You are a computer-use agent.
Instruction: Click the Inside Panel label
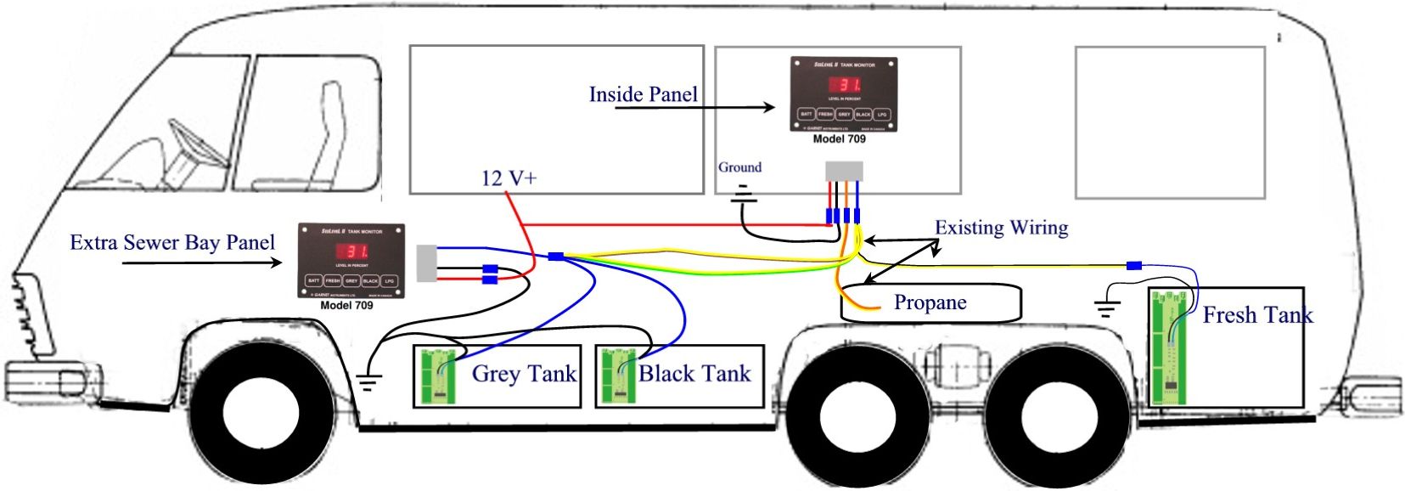643,94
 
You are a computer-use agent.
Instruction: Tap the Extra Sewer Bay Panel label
171,243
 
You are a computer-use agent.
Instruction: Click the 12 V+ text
509,178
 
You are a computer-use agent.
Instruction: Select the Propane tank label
930,303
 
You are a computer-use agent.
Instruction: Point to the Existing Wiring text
1001,228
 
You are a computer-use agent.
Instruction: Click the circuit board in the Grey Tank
440,376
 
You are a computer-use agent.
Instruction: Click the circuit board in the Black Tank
618,376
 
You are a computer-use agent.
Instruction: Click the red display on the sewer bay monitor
351,251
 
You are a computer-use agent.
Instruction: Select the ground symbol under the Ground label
745,195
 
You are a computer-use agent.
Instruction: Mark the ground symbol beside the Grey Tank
367,382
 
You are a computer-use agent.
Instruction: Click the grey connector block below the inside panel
844,170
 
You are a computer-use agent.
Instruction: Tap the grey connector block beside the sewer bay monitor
426,263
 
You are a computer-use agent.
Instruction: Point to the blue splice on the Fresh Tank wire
1133,266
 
